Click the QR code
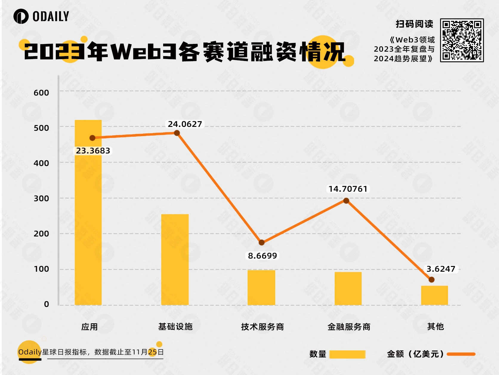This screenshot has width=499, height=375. [x=462, y=40]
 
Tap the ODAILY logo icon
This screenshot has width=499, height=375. [x=21, y=16]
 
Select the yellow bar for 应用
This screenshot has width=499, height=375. [x=88, y=212]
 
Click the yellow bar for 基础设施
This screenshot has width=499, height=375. [x=175, y=259]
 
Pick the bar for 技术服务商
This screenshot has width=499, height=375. [x=261, y=287]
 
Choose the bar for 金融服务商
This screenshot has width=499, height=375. [x=348, y=288]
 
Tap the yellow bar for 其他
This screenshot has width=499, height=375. [x=434, y=295]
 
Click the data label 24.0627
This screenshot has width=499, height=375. [x=185, y=124]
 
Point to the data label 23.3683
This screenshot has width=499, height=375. [x=93, y=151]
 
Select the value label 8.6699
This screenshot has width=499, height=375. [x=262, y=256]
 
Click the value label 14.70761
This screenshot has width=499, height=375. [x=348, y=189]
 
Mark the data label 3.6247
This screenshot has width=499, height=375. [x=441, y=269]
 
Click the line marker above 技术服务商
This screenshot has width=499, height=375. [x=262, y=242]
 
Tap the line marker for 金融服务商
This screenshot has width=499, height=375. [x=346, y=201]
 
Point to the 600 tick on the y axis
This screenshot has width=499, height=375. [x=41, y=93]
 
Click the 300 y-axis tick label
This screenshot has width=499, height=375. [x=41, y=199]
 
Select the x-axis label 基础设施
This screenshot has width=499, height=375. [x=175, y=327]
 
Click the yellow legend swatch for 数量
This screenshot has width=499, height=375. [x=347, y=354]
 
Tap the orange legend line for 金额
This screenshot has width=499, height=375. [x=461, y=354]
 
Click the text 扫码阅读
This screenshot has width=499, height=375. [x=414, y=24]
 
